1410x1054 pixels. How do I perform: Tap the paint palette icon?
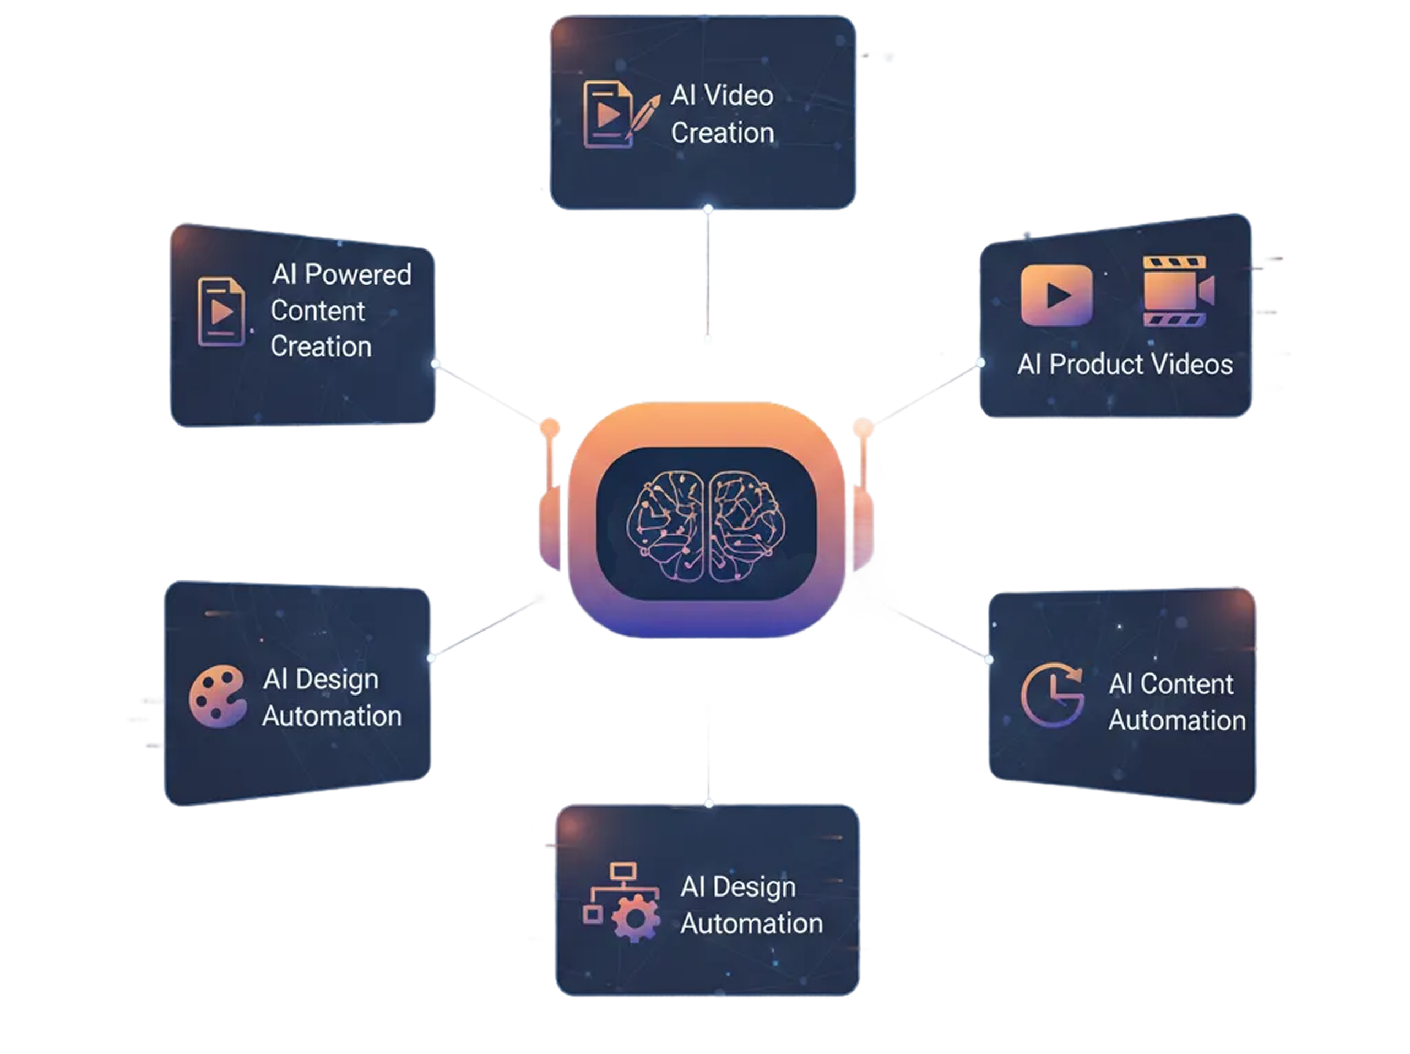[216, 697]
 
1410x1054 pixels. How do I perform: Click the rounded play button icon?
[1056, 295]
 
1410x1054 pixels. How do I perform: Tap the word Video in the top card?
[739, 96]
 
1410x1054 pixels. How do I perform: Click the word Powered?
[357, 275]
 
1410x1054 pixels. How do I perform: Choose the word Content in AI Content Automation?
[1186, 684]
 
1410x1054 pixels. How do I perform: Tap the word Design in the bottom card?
[753, 888]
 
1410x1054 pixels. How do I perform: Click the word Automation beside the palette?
[332, 716]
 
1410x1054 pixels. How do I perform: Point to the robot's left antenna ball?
[550, 428]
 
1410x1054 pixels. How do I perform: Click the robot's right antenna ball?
[863, 427]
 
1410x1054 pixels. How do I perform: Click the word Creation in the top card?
[722, 133]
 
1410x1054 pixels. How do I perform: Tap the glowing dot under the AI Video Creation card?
[708, 209]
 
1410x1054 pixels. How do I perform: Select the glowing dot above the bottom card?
[708, 803]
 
